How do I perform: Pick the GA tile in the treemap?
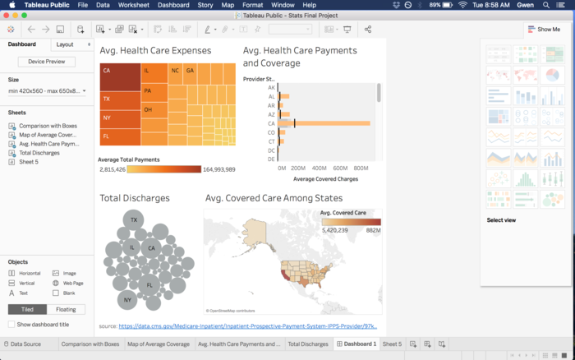[x=190, y=71]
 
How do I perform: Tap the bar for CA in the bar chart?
[x=324, y=123]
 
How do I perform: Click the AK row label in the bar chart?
[x=271, y=87]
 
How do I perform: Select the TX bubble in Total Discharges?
[x=133, y=219]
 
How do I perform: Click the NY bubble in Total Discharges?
[x=127, y=300]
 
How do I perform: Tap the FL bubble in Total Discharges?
[x=149, y=284]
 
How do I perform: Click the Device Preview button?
[x=46, y=62]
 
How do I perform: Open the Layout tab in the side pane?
[x=65, y=44]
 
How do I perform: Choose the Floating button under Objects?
[x=65, y=309]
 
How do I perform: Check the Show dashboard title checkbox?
[x=11, y=325]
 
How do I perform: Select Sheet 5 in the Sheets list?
[x=29, y=162]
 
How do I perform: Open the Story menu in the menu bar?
[x=205, y=5]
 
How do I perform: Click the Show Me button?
[x=544, y=30]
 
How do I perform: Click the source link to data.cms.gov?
[x=247, y=326]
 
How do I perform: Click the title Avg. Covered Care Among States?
[x=274, y=198]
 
